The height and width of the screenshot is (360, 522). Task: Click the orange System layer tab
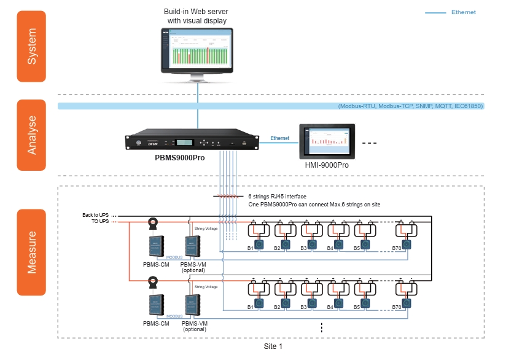click(31, 46)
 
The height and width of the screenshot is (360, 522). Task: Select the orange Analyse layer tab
click(31, 135)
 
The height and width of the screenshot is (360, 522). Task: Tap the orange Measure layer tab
click(31, 252)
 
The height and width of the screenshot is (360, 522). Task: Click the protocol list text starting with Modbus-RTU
click(410, 106)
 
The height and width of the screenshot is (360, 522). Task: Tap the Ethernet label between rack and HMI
click(280, 139)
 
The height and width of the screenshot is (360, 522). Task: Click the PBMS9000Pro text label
click(179, 158)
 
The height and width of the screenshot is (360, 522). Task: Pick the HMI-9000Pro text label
click(327, 165)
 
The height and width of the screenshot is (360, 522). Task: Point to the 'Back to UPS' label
click(95, 215)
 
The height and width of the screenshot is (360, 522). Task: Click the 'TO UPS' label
click(99, 221)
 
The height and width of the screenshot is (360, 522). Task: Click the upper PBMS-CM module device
click(155, 245)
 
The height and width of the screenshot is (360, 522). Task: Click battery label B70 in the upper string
click(397, 249)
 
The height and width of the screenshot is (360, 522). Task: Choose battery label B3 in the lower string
click(303, 307)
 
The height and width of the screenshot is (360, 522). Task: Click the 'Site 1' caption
click(273, 346)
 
